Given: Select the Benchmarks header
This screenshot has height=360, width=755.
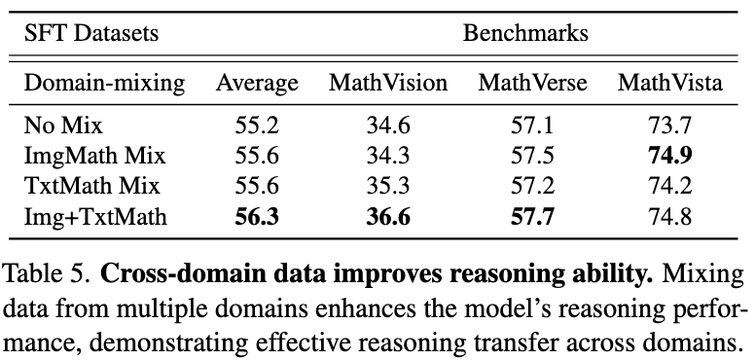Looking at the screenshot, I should coord(526,33).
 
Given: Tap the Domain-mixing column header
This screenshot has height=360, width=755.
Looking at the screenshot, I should coord(103,84).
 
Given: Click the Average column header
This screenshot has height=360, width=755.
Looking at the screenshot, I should coord(257,84).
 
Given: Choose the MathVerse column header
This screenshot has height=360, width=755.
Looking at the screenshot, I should coord(532,84).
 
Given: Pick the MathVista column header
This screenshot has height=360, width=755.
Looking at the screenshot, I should coord(670,84).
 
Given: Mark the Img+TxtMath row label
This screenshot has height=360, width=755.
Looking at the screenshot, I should coord(95,216).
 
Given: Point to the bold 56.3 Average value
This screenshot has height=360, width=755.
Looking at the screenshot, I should coord(257,216).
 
